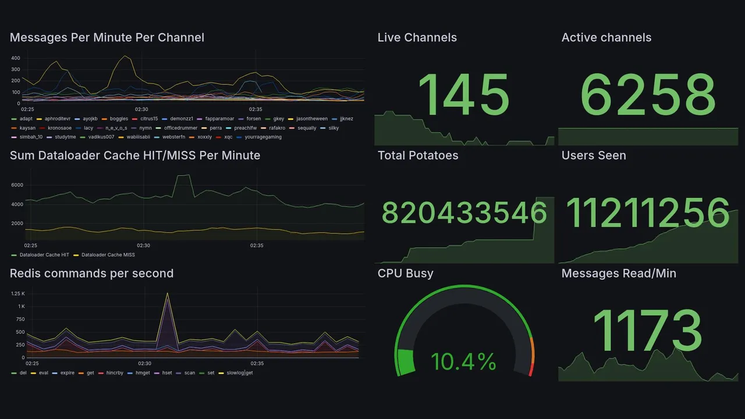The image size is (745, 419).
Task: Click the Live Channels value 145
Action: click(464, 95)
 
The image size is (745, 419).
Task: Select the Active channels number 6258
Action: click(648, 95)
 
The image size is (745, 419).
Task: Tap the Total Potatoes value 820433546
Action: click(464, 213)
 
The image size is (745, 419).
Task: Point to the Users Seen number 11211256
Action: click(648, 213)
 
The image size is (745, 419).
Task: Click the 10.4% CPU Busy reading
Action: click(463, 362)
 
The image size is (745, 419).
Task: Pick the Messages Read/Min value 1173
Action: click(648, 331)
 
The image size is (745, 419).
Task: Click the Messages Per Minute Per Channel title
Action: click(107, 38)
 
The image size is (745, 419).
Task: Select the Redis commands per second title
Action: click(91, 274)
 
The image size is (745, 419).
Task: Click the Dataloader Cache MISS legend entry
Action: click(108, 255)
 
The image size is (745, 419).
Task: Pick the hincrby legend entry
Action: click(115, 373)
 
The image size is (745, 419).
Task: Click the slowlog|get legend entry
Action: click(239, 373)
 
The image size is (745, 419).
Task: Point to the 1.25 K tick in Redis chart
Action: click(17, 294)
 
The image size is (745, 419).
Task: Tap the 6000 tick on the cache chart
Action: click(17, 185)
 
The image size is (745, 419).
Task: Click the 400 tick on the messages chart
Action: click(16, 58)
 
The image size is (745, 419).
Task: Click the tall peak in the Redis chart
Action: click(168, 294)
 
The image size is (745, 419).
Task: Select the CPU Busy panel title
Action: click(405, 274)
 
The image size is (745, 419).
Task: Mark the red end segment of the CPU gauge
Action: click(530, 370)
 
